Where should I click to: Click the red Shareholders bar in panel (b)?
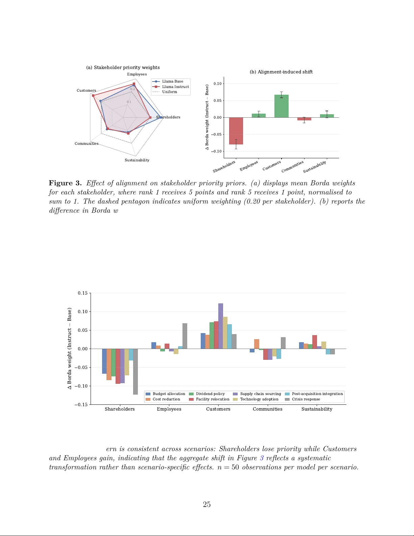236,131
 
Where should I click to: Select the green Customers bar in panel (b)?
281,106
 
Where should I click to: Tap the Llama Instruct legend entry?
175,87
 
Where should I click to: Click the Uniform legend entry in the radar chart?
169,92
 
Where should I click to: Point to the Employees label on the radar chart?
137,74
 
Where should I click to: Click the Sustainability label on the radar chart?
137,160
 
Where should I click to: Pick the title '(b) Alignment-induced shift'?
281,72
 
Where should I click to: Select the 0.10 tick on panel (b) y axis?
217,84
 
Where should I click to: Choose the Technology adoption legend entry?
259,399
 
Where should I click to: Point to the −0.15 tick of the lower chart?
81,404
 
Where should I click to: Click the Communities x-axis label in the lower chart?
267,409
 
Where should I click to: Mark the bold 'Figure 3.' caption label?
65,183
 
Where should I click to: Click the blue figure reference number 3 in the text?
262,458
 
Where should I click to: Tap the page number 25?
206,504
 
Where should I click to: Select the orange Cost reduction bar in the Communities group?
257,344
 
